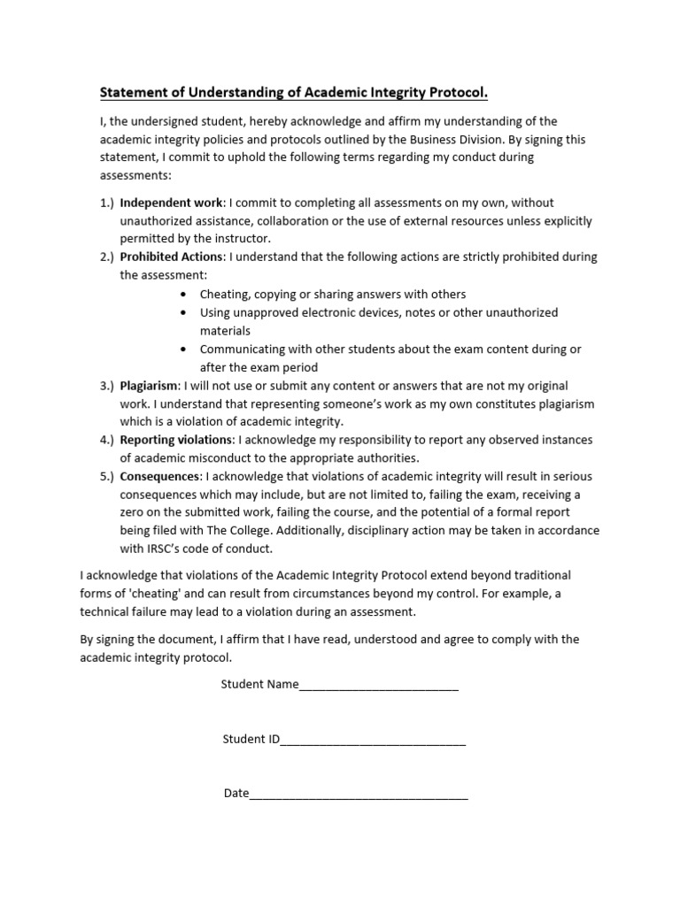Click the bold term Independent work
171,203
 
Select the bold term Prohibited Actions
172,257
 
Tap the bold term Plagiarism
149,386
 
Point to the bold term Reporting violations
177,440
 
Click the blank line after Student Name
379,685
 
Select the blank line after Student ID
373,740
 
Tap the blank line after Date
359,794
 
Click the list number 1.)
106,203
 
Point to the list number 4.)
106,440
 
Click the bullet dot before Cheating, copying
183,295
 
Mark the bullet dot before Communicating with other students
183,349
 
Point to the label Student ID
251,739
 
